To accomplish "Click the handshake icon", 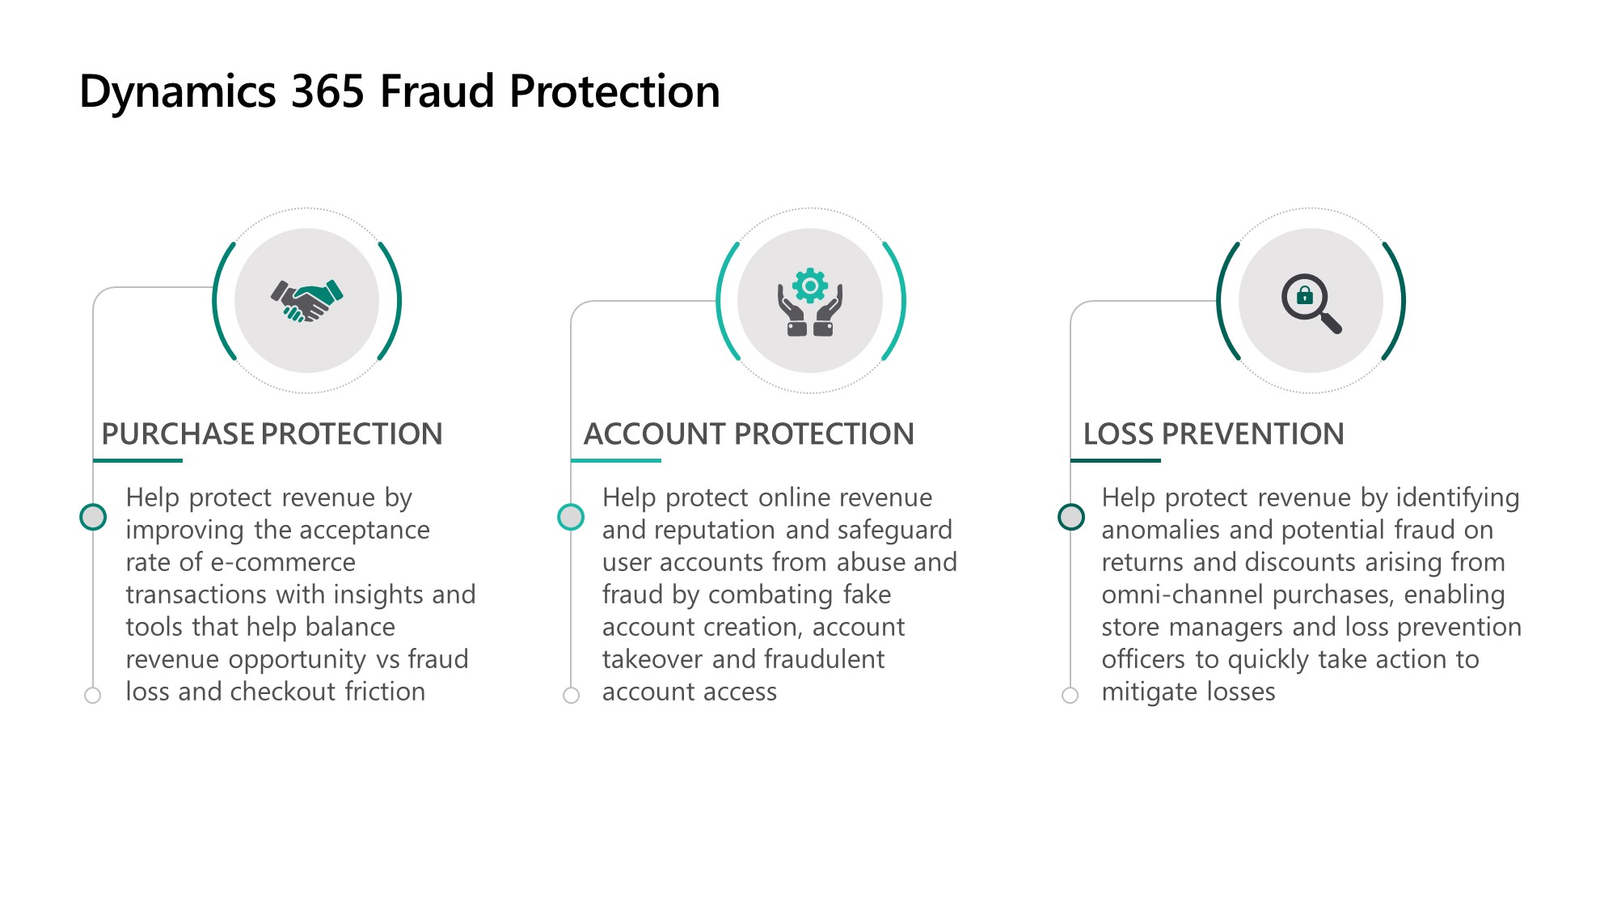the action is coord(306,301).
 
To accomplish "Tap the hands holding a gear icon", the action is coord(810,302).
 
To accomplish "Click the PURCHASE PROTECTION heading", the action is coord(272,434).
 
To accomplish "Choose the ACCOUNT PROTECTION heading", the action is coord(749,434).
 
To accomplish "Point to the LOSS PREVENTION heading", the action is coord(1214,434).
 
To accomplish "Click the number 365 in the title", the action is coord(327,91).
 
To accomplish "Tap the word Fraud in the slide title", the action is coord(437,91).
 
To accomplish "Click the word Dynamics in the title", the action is coord(178,92).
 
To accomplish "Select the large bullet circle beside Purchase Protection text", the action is coord(93,517).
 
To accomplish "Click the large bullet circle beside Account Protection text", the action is coord(571,517).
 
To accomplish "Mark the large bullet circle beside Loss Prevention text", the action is coord(1071,517).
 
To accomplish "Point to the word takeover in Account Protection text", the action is coord(652,659).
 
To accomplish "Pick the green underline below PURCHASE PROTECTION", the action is coord(137,460).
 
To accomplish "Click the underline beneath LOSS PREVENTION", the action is coord(1116,460).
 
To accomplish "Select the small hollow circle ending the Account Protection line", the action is coord(571,695).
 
